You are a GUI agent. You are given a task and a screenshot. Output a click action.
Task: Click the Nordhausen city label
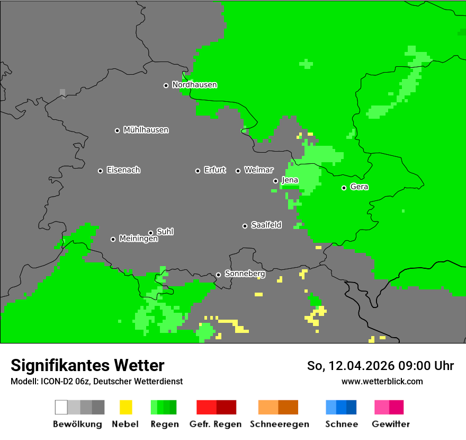(x=194, y=85)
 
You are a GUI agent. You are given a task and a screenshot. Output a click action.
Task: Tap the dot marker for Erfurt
(x=198, y=171)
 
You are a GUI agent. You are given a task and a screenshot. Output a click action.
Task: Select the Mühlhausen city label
(x=146, y=130)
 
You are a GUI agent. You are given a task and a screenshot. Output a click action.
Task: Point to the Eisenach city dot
(x=100, y=171)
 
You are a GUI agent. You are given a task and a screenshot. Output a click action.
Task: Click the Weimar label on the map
(x=258, y=170)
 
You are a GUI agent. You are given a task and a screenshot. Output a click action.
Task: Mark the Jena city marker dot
(x=275, y=181)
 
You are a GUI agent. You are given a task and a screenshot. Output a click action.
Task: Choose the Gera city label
(x=359, y=187)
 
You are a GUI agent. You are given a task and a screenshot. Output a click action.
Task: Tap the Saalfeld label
(x=266, y=225)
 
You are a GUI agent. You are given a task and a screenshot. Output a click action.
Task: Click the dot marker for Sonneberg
(x=218, y=275)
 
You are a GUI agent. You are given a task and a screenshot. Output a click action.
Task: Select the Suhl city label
(x=165, y=232)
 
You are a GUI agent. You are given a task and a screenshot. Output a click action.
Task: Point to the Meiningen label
(x=138, y=239)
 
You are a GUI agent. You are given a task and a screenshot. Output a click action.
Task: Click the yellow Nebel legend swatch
(x=126, y=407)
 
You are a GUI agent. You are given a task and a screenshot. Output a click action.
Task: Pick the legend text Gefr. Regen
(x=216, y=424)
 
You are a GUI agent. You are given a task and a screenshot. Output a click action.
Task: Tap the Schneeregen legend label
(x=279, y=424)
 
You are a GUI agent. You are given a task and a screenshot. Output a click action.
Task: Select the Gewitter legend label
(x=391, y=424)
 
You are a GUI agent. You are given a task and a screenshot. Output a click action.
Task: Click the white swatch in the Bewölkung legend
(x=61, y=407)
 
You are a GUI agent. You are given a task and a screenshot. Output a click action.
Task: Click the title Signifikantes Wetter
(x=87, y=366)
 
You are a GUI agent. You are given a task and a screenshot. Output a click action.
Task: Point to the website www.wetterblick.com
(x=382, y=382)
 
